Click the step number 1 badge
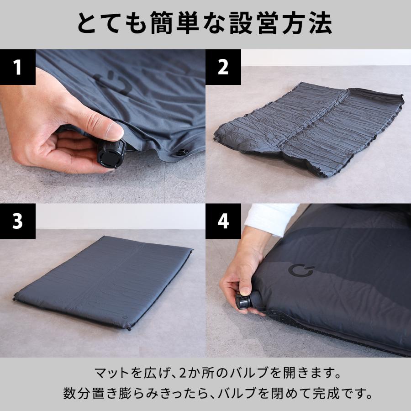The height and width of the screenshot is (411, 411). [17, 67]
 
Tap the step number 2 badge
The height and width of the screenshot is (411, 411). [223, 67]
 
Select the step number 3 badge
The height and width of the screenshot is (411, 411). [17, 221]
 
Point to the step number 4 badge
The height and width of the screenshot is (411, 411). [223, 221]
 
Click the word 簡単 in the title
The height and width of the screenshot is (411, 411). [176, 23]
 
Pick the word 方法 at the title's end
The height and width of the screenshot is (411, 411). [311, 23]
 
